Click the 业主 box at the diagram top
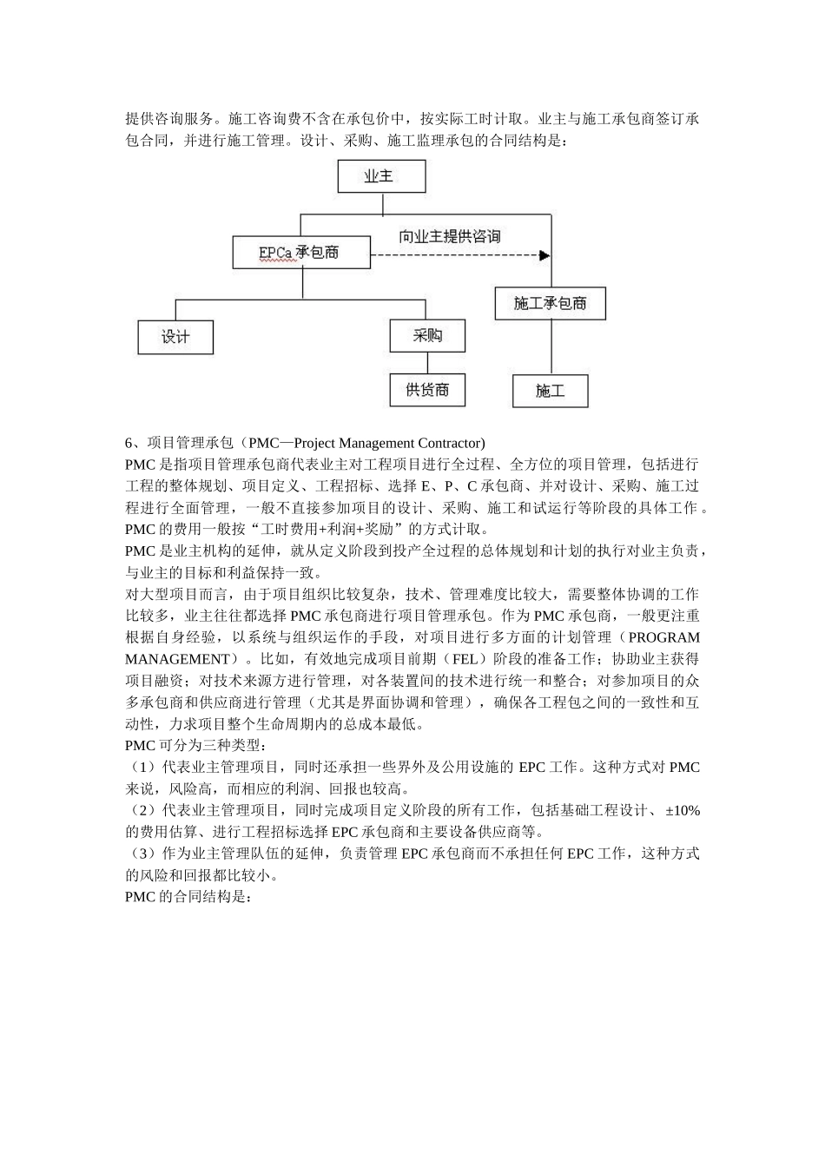click(381, 176)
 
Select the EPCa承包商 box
click(300, 253)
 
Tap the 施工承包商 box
click(550, 303)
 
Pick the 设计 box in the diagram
click(175, 336)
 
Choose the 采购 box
click(427, 335)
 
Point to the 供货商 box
click(427, 389)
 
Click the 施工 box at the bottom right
click(550, 391)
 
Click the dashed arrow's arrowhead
click(544, 255)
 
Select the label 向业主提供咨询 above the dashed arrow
click(449, 236)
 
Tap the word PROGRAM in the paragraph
click(663, 637)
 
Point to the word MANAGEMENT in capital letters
click(177, 659)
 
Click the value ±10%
click(683, 810)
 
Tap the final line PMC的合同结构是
click(188, 897)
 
